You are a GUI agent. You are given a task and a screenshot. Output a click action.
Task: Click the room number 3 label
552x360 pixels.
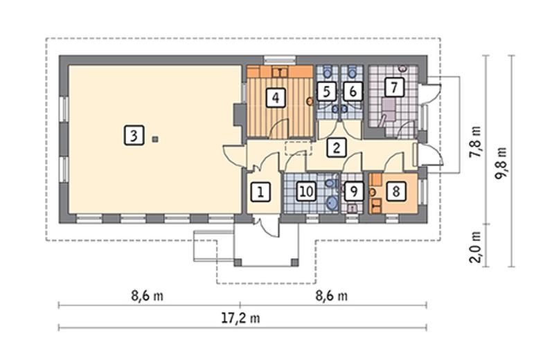tap(134, 135)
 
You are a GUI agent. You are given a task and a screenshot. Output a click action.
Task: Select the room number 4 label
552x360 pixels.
tap(276, 97)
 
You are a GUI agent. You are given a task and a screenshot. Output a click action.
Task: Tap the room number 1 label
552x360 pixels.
tap(260, 191)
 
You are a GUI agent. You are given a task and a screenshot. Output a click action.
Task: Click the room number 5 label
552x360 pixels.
tap(326, 91)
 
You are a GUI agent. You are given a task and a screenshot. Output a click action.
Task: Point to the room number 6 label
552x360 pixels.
tap(353, 91)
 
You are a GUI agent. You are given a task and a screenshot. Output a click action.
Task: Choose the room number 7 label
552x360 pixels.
tap(393, 88)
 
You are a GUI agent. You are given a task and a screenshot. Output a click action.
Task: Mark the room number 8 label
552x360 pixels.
tap(395, 191)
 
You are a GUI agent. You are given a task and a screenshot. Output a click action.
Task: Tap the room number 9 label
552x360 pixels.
tap(353, 191)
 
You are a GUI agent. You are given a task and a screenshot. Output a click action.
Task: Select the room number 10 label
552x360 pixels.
tap(306, 191)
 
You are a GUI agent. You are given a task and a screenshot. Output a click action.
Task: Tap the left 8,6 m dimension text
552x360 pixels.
tap(148, 296)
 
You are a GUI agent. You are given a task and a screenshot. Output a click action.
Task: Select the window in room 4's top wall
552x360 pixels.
tap(280, 58)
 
